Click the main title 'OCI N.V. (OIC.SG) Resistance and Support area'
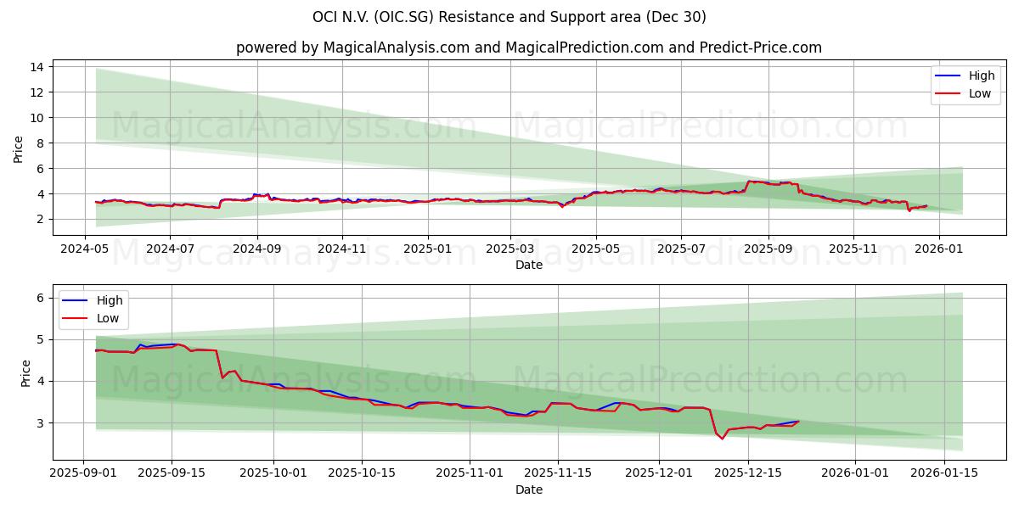(x=509, y=17)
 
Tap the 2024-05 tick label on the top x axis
(x=85, y=249)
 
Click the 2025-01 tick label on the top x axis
(x=427, y=249)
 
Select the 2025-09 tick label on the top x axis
(x=768, y=249)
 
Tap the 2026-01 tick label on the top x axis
(x=939, y=249)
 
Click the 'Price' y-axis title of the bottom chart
(x=25, y=373)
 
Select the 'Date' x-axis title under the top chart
(x=528, y=265)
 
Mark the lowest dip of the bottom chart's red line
(x=723, y=439)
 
